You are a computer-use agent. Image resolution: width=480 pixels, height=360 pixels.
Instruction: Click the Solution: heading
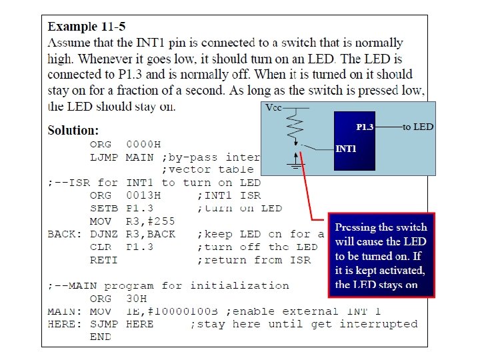(73, 130)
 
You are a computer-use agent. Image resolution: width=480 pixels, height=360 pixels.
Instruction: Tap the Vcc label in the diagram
(274, 108)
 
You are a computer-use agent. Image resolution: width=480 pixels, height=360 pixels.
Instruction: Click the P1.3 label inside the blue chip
(365, 127)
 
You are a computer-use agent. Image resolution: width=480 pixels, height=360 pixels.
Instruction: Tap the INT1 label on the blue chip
(345, 149)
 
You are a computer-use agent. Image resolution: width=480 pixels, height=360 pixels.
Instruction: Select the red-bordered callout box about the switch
(381, 255)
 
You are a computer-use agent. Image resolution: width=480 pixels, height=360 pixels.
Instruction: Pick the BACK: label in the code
(64, 234)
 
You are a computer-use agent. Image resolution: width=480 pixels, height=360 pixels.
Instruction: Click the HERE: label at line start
(64, 325)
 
